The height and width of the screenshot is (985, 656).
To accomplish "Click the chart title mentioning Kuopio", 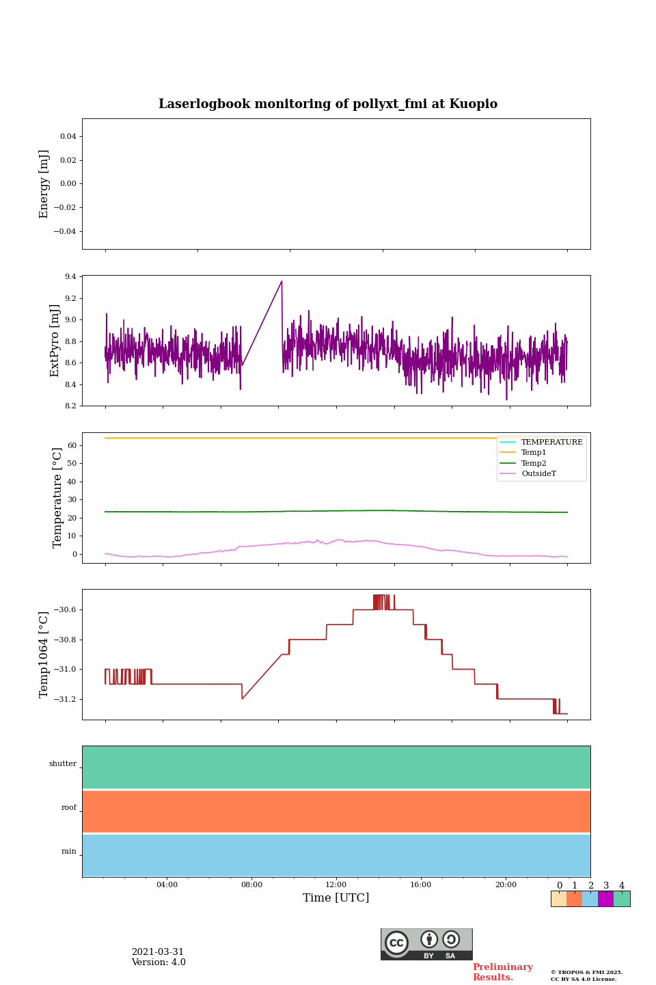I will pyautogui.click(x=328, y=104).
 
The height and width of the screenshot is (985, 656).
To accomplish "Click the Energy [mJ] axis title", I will pyautogui.click(x=44, y=184).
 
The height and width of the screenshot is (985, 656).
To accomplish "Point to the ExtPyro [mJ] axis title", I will pyautogui.click(x=55, y=341).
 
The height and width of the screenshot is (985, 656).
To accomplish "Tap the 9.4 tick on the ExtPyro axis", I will pyautogui.click(x=71, y=277).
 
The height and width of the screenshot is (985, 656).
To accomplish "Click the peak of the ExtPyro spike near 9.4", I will pyautogui.click(x=281, y=281).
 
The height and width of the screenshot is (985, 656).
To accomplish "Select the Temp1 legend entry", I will pyautogui.click(x=534, y=453).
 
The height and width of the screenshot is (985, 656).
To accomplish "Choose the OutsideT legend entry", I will pyautogui.click(x=538, y=474).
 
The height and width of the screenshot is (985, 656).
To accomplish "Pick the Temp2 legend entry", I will pyautogui.click(x=534, y=463).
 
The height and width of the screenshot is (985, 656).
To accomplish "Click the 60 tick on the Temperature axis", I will pyautogui.click(x=71, y=445).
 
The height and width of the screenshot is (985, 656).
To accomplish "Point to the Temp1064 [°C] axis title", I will pyautogui.click(x=44, y=655).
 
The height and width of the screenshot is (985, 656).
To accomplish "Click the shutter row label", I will pyautogui.click(x=63, y=764).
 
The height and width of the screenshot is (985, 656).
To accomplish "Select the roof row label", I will pyautogui.click(x=69, y=808).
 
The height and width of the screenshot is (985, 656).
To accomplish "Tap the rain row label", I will pyautogui.click(x=69, y=852).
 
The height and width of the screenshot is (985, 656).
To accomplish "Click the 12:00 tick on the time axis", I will pyautogui.click(x=336, y=885).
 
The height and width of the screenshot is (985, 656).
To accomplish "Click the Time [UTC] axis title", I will pyautogui.click(x=336, y=898).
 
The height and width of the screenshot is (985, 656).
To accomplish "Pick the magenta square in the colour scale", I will pyautogui.click(x=605, y=899).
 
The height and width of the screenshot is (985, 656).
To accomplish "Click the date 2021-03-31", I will pyautogui.click(x=158, y=952).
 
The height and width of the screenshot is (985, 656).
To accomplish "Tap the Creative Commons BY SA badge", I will pyautogui.click(x=426, y=944).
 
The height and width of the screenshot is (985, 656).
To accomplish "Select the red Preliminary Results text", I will pyautogui.click(x=502, y=972).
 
